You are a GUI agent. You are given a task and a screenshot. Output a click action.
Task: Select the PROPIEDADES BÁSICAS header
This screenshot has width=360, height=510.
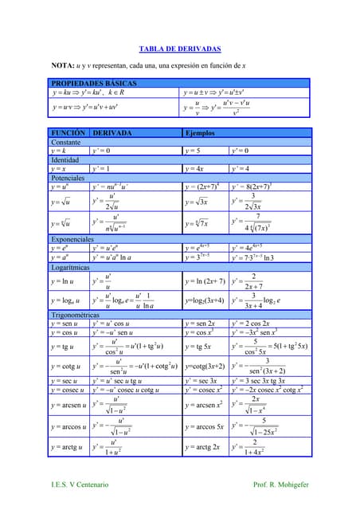tap(94, 83)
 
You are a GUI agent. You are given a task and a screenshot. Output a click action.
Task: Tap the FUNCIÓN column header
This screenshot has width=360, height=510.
tap(68, 133)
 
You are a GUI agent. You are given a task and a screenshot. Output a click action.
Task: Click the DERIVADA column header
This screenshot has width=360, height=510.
tap(112, 133)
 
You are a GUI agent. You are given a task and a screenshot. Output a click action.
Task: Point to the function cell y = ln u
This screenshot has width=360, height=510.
tap(63, 281)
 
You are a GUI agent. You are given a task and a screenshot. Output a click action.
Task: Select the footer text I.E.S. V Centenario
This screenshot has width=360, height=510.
tap(80, 485)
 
